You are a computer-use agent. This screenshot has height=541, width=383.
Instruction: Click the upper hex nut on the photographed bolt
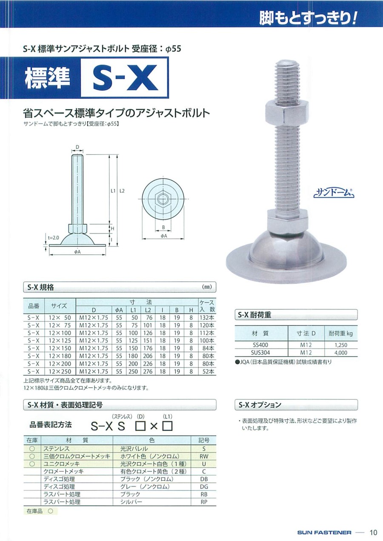tap(287, 113)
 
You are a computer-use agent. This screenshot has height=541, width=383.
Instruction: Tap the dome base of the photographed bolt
tap(286, 256)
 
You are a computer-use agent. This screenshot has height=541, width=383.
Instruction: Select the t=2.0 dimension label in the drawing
tap(53, 238)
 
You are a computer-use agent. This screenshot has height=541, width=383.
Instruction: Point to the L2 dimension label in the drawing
tap(122, 191)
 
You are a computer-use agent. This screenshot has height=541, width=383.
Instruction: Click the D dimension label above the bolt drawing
tap(77, 147)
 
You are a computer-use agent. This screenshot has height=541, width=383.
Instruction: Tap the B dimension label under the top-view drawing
tap(163, 227)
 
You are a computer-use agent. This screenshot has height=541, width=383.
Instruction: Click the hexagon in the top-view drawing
tap(163, 199)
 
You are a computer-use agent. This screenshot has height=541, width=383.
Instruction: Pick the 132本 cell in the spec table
tap(207, 318)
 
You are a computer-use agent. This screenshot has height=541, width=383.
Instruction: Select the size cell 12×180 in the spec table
tap(60, 356)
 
